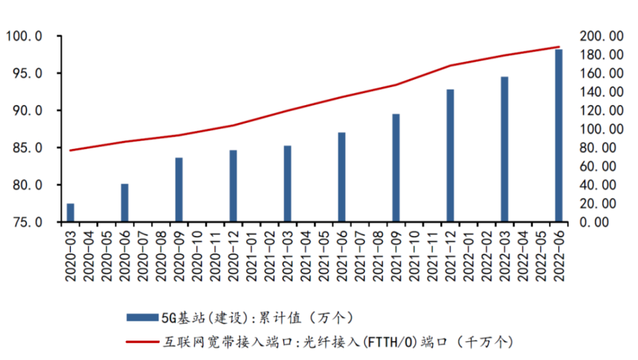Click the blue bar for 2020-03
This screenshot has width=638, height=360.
(x=70, y=213)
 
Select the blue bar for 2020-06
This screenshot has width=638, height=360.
(x=125, y=203)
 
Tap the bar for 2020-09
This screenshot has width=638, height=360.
(x=179, y=190)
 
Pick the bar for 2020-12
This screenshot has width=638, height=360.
(x=233, y=186)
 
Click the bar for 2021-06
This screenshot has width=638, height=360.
(x=341, y=177)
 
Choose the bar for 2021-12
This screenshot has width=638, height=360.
(x=450, y=155)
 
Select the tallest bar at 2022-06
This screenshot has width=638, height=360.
(x=558, y=135)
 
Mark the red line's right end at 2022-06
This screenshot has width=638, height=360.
(x=558, y=47)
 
